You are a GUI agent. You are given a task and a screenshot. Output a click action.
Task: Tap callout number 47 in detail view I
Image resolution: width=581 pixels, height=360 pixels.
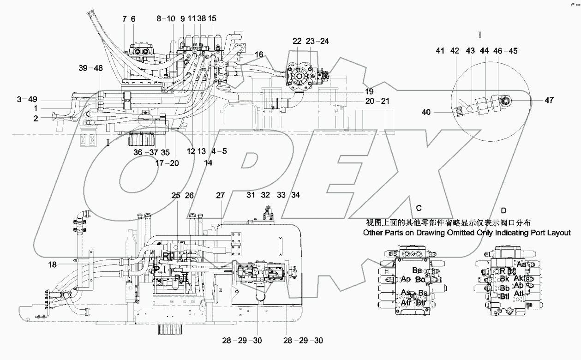[x=535, y=100]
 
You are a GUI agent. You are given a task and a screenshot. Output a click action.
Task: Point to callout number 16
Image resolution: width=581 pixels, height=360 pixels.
[x=258, y=54]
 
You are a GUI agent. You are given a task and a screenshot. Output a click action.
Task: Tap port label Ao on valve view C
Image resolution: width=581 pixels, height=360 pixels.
[x=406, y=279]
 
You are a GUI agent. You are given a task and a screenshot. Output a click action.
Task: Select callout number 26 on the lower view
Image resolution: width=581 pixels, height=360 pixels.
[x=189, y=196]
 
